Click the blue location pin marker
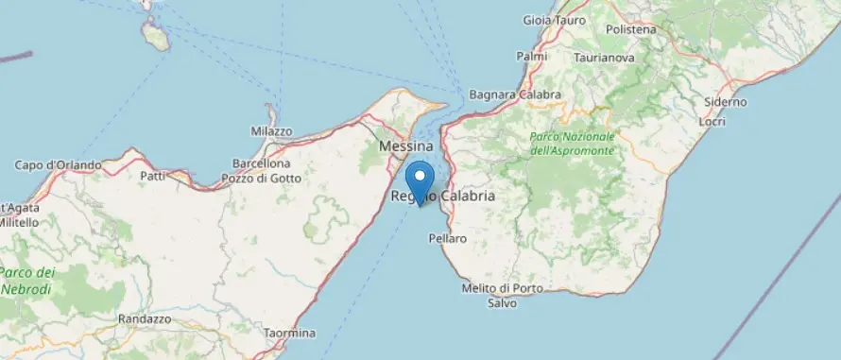[x=419, y=180]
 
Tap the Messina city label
[x=405, y=147]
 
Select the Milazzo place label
[x=271, y=131]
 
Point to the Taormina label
[x=290, y=334]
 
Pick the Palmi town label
[x=532, y=57]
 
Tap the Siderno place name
[x=725, y=102]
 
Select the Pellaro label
[x=448, y=239]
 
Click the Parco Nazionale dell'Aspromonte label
[x=572, y=143]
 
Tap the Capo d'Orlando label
[x=58, y=165]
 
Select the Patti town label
[x=152, y=176]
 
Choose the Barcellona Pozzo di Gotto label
[x=261, y=171]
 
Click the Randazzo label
[x=145, y=319]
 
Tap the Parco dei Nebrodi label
[x=27, y=281]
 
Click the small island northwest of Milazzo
[x=155, y=36]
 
